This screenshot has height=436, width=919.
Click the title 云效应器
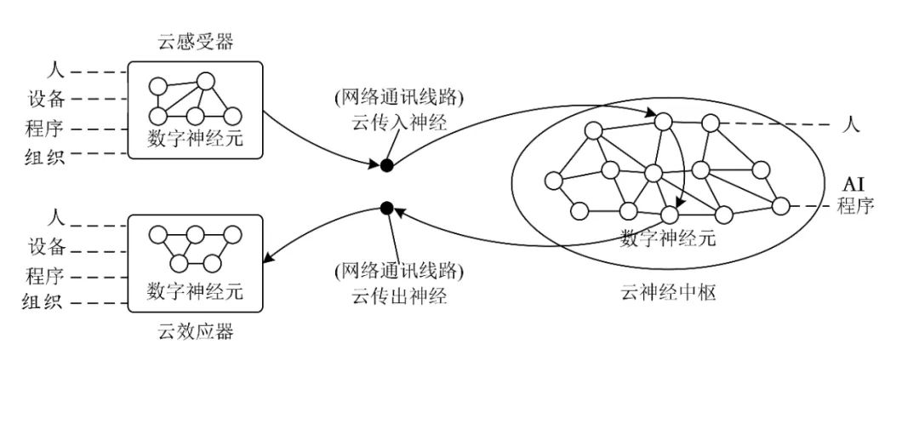(x=195, y=331)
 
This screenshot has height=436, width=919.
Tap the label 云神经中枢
(x=668, y=294)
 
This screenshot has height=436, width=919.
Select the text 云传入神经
(x=399, y=123)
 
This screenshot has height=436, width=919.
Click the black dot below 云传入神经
(x=386, y=165)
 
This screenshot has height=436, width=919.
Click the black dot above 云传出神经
(x=386, y=207)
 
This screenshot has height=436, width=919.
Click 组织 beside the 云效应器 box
(x=43, y=302)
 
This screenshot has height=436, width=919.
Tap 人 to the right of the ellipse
(x=850, y=125)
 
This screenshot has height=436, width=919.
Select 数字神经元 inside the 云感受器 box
(x=195, y=138)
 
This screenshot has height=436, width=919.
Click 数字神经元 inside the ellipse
(x=668, y=238)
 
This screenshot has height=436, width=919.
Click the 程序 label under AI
(x=854, y=205)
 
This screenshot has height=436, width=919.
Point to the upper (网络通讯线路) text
(x=399, y=97)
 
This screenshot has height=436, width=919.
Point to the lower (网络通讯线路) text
(x=399, y=272)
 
